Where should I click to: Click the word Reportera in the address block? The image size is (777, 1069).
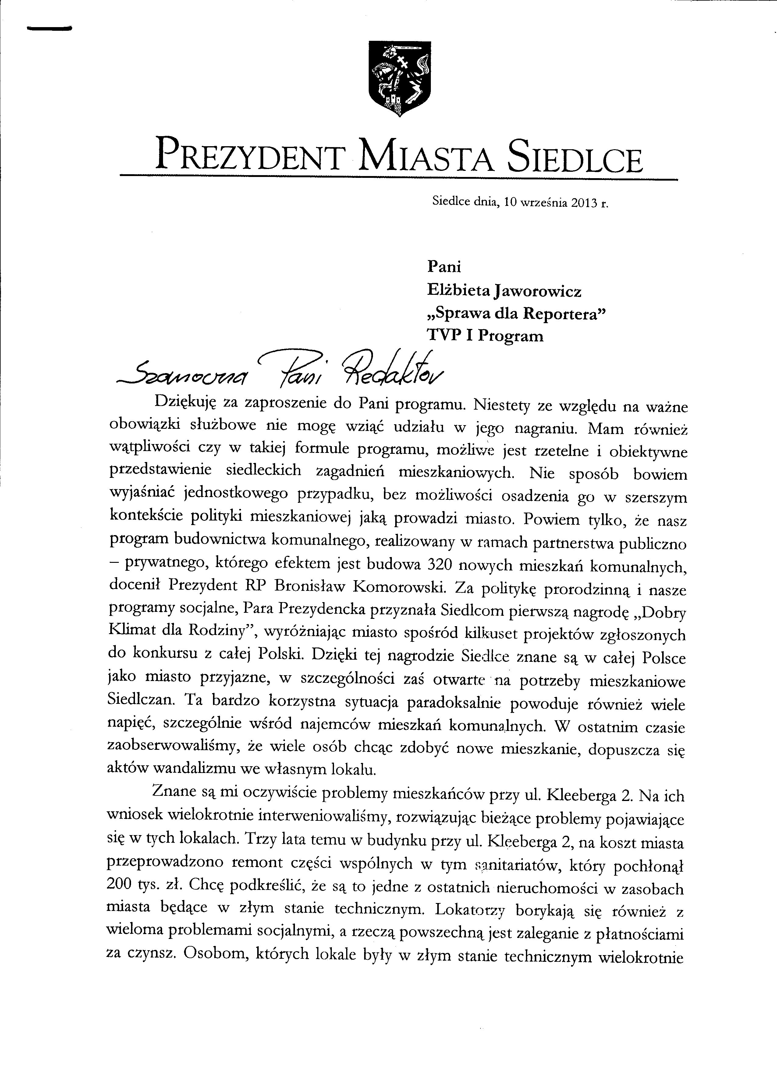(564, 314)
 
